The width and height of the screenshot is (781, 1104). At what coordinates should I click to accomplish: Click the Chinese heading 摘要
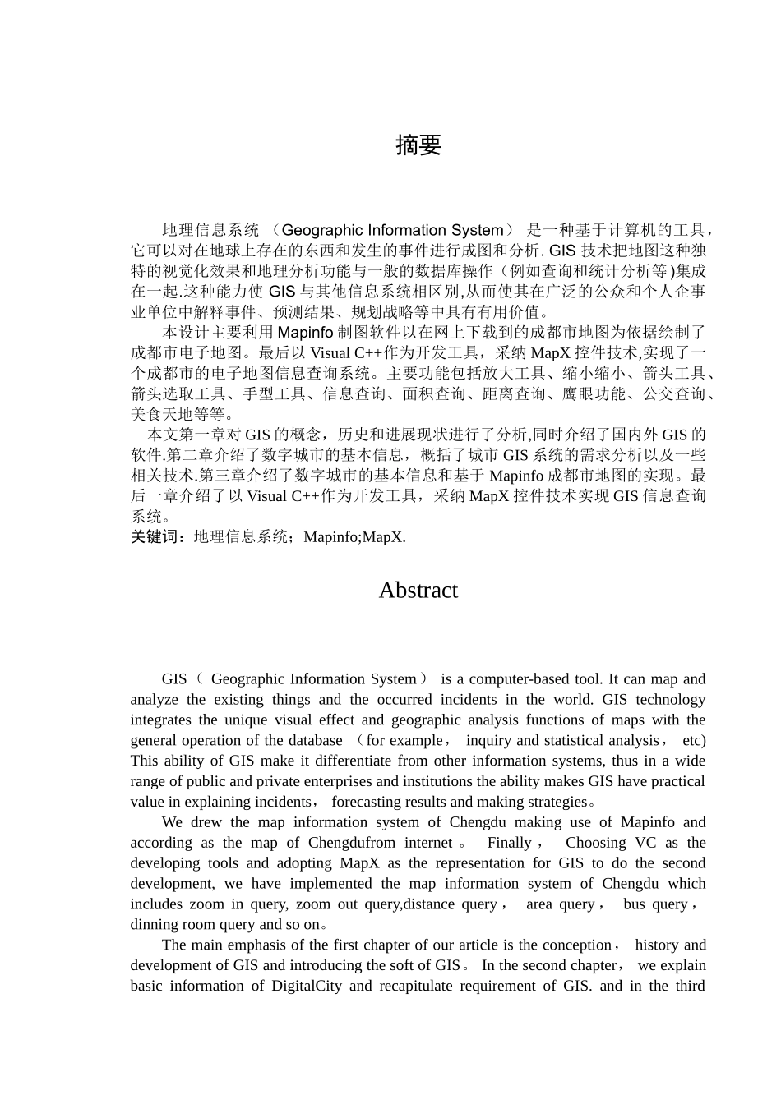click(418, 145)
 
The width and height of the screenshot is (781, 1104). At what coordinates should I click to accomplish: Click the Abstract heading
click(418, 590)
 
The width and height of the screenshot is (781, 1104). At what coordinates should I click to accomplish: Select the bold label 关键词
click(159, 537)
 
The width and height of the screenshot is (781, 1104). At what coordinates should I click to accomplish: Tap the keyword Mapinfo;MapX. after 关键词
click(354, 537)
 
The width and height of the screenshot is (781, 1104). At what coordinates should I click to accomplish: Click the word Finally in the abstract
click(510, 843)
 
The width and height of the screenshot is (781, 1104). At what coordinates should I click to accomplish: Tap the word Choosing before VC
click(595, 843)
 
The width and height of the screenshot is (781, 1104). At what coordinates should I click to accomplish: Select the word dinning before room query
click(154, 925)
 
